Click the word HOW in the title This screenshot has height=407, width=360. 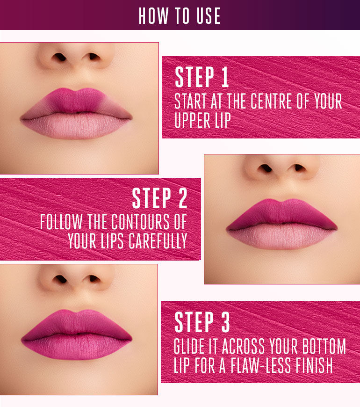pos(153,16)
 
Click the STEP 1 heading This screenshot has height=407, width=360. pos(202,78)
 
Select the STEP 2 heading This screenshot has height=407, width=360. pos(159,198)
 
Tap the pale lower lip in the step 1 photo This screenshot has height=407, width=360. pos(76,125)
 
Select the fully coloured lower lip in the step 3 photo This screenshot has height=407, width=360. pos(76,347)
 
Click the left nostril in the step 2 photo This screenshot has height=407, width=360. pos(265,167)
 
